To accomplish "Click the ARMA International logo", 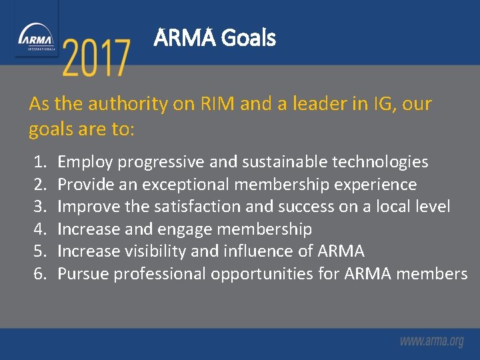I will (37, 38).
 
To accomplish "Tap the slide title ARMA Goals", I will (214, 38).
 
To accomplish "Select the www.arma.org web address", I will (431, 341).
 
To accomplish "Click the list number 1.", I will (40, 162).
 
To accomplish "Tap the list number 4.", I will (40, 229).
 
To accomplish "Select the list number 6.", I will (40, 274).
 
